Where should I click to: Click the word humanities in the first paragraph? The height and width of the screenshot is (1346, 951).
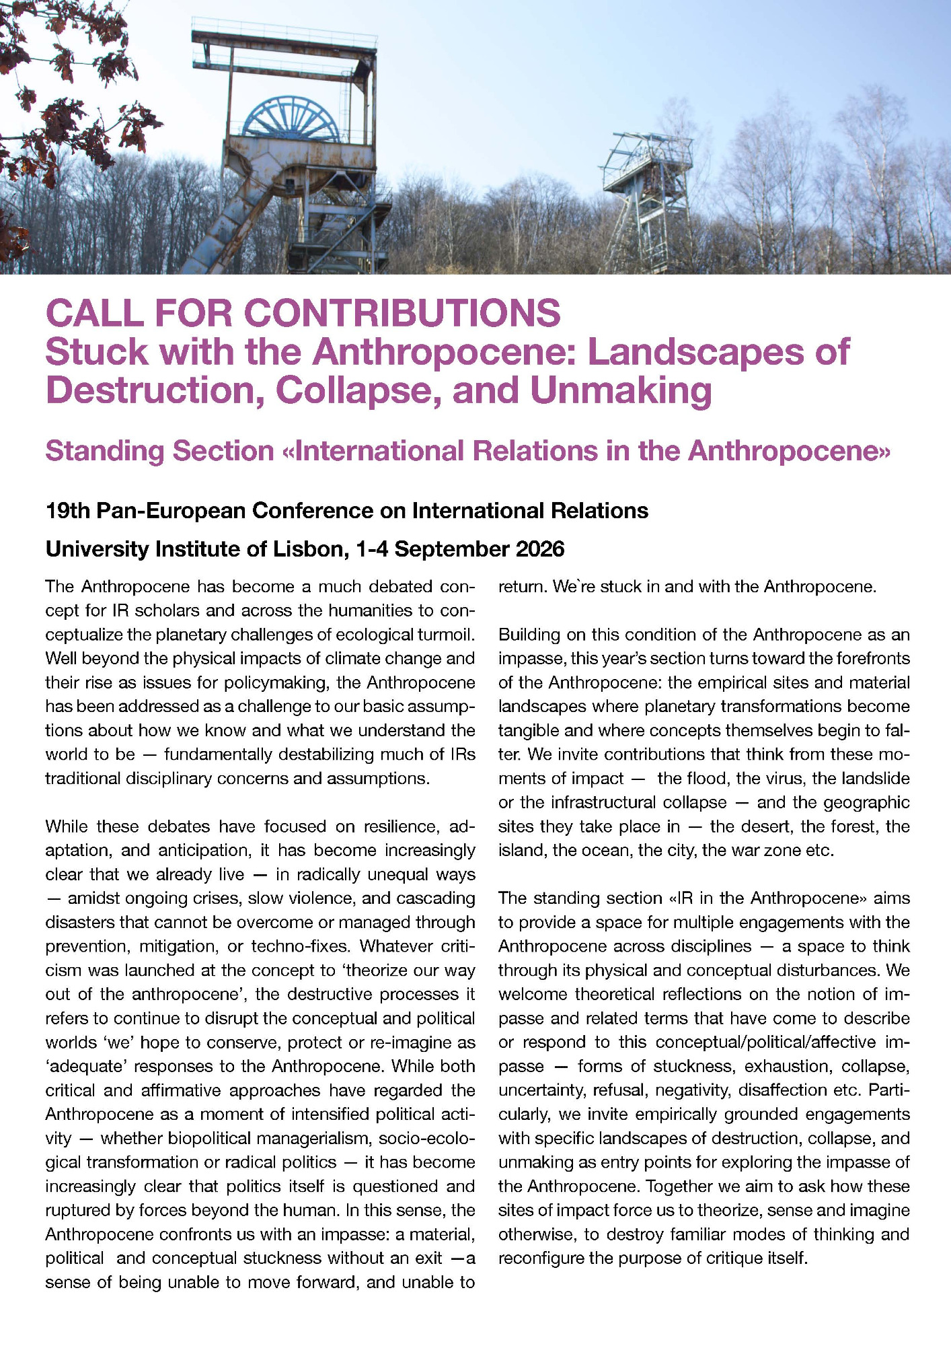tap(333, 610)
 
